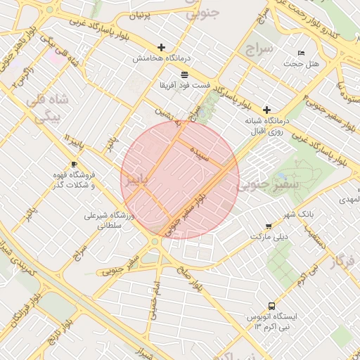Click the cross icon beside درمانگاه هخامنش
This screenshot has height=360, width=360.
[x=162, y=48]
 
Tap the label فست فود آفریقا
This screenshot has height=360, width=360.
[x=184, y=85]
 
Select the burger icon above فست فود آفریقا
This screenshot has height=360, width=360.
[x=184, y=74]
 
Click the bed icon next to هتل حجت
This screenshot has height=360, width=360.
[x=302, y=53]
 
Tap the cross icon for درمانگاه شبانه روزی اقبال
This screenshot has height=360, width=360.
[x=266, y=110]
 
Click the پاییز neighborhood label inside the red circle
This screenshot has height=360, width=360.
[x=137, y=180]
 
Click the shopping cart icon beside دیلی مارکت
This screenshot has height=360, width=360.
[x=269, y=226]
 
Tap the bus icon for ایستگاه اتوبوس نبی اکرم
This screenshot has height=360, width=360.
[x=272, y=306]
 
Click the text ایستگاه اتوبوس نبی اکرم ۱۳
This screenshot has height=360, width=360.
[x=272, y=322]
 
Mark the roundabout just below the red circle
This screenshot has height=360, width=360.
[x=154, y=242]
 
